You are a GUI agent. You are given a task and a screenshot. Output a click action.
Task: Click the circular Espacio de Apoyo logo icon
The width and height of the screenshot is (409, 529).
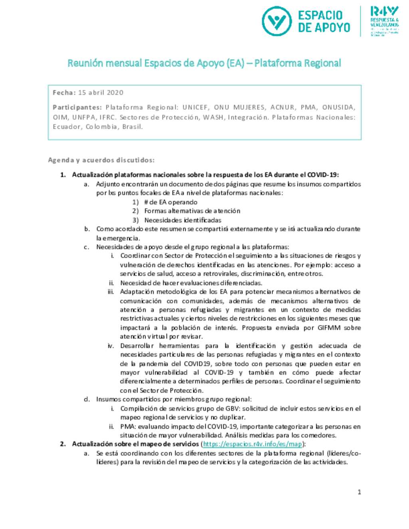276,21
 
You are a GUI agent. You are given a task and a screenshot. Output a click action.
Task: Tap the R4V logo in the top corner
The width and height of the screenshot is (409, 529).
384,21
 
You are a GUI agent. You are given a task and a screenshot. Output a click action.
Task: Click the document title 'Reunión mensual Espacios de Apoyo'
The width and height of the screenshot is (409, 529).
204,63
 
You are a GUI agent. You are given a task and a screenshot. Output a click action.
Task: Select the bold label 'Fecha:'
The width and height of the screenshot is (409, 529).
64,93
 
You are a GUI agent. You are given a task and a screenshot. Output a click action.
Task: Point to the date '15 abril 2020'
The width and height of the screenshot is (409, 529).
101,93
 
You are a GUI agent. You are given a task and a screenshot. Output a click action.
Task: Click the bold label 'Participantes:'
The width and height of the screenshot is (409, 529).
77,107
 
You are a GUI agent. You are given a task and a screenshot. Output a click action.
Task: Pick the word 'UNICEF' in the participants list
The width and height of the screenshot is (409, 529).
195,107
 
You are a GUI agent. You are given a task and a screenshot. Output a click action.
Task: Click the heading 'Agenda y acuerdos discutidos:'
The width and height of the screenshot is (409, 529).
101,160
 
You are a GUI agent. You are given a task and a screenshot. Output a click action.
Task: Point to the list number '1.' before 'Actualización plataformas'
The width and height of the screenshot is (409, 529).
63,175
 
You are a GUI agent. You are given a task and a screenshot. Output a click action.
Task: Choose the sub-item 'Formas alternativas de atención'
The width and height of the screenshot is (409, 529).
192,211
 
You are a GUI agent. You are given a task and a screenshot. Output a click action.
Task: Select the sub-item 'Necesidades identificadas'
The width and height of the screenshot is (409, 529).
183,220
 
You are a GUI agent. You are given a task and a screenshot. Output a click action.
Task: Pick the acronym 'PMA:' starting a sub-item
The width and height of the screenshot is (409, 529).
128,426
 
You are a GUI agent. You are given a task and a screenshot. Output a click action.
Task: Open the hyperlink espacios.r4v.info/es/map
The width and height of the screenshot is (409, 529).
252,444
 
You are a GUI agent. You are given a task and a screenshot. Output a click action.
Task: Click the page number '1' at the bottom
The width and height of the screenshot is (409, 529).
359,492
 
